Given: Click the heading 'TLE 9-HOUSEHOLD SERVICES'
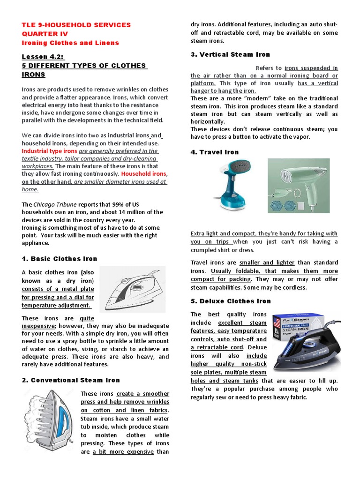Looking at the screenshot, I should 76,25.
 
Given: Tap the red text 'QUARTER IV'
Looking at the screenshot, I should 45,34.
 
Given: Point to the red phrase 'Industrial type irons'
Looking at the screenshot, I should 50,151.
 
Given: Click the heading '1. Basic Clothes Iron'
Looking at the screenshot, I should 60,259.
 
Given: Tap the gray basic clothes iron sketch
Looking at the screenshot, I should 132,289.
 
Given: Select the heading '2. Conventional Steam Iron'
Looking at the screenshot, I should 71,380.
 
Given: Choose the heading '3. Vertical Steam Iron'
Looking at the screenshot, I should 230,55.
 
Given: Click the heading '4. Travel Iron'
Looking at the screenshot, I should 215,152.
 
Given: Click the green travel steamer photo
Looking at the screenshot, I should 298,185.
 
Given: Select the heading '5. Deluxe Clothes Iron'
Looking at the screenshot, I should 231,301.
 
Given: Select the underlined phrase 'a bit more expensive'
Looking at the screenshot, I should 124,451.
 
